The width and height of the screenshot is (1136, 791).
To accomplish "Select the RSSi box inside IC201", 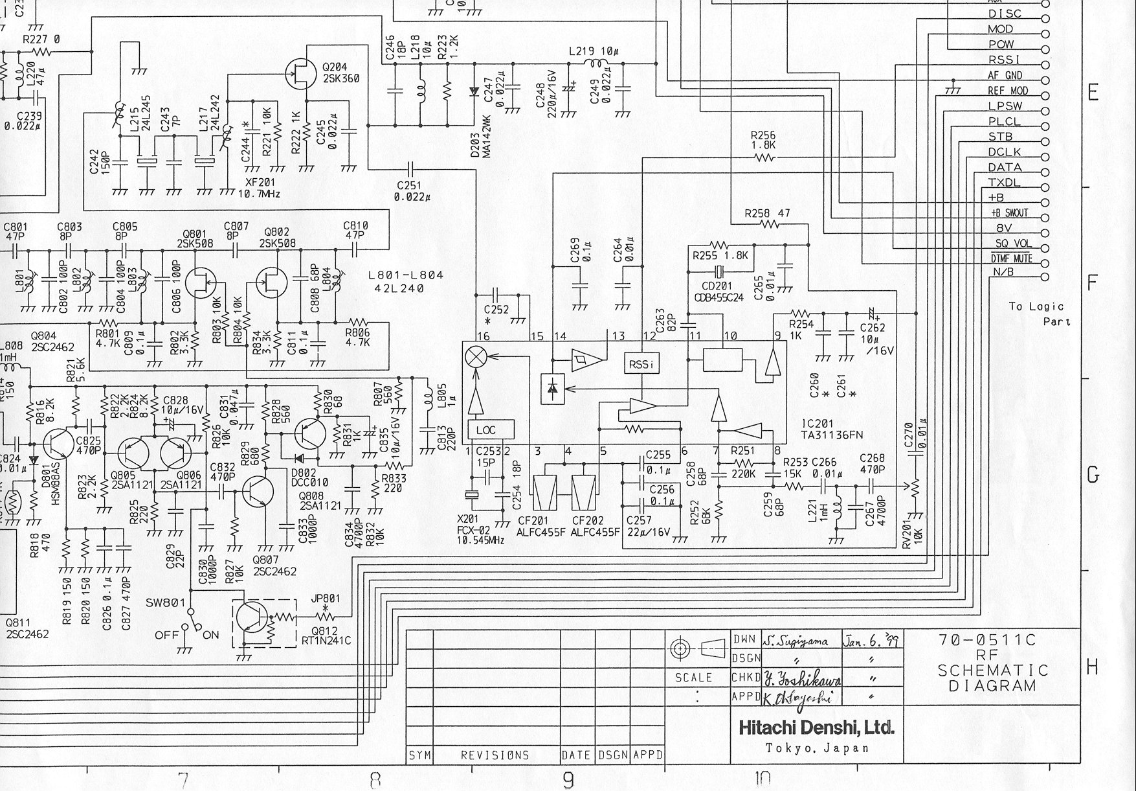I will [641, 365].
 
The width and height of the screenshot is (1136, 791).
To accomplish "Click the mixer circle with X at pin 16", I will [477, 356].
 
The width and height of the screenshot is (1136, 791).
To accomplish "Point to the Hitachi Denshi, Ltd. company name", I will [816, 728].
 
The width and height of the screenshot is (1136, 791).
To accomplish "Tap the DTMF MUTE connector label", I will [1011, 259].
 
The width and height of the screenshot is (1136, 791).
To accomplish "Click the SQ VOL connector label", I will [1014, 244].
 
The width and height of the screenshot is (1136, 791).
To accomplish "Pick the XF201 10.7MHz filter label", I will [259, 188].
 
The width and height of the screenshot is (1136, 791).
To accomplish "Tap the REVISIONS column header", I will [495, 755].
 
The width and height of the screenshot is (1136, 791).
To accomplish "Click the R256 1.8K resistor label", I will [763, 141].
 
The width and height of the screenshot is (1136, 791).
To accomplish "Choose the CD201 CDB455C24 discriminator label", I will [718, 290].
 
